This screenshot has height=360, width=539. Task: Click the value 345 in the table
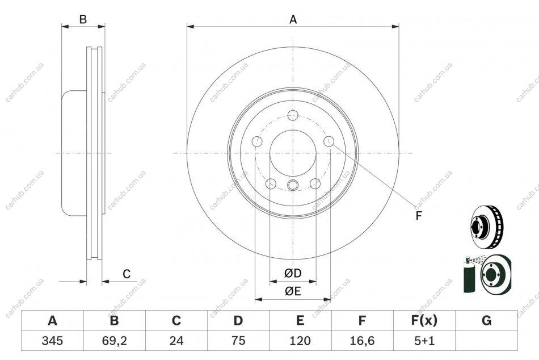coord(52,341)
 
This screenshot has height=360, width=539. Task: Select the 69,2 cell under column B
coord(115,341)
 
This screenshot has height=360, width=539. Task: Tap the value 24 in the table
coord(176,341)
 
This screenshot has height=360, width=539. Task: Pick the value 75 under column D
coord(238,341)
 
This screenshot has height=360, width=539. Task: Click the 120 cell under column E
coord(300,341)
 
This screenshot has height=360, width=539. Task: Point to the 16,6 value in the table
coord(362,341)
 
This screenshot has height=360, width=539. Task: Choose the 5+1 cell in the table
coord(424,341)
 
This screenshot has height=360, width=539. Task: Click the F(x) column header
coord(424,320)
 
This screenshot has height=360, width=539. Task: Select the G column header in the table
coord(486,320)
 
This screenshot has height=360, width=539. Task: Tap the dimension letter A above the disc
coord(293,19)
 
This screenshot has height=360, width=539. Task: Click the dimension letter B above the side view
coord(83,19)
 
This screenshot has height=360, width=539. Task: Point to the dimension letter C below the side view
coord(127,274)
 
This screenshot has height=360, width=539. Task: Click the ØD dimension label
coord(293,273)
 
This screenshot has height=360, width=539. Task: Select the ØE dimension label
coord(293,291)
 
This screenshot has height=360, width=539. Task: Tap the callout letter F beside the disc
coord(418,216)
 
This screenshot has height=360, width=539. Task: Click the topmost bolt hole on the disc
coord(293,115)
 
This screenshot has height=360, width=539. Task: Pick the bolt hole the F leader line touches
coord(329,141)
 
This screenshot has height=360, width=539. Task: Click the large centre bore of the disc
coord(293,153)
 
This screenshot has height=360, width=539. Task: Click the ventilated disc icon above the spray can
coord(486,227)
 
